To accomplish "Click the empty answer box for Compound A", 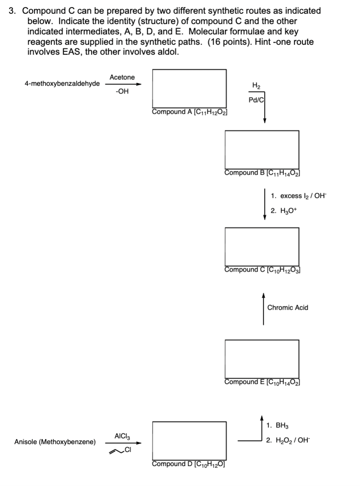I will (x=189, y=89).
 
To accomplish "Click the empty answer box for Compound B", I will (x=262, y=149).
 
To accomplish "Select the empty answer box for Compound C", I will (x=262, y=247).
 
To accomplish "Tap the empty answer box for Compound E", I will (x=262, y=358).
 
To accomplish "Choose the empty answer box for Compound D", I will (x=189, y=440).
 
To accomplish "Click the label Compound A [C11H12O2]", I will (x=191, y=112).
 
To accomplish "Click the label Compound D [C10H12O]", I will (x=188, y=464).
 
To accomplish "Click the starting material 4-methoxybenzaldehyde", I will (x=62, y=84).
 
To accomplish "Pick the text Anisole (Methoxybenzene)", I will (x=55, y=442).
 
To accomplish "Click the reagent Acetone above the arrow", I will (x=122, y=77).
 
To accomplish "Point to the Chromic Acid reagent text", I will (x=288, y=308).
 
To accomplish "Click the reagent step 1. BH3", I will (x=278, y=425).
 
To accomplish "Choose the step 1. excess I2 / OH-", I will (x=299, y=196).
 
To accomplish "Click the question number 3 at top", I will (x=12, y=11).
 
